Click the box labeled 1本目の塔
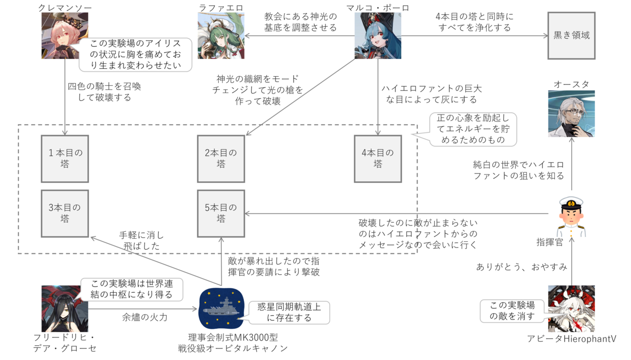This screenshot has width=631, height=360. pos(65,159)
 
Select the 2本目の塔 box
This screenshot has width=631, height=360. pos(221,159)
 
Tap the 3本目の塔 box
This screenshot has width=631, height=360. pos(65,213)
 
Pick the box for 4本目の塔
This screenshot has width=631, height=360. pos(378,159)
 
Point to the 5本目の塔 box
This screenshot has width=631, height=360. pos(221,213)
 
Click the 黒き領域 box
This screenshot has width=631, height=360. pos(572,35)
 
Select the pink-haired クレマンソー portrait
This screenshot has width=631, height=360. pos(65,35)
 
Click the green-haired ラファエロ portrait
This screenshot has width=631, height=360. pos(221,35)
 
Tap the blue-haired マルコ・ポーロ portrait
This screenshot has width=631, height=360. pos(378,35)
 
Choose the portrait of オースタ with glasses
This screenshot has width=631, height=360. pos(572,114)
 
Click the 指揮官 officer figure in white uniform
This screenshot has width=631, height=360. pos(571,217)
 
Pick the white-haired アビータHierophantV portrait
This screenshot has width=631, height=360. pos(572,309)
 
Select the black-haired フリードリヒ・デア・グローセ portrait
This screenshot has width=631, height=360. pos(65,309)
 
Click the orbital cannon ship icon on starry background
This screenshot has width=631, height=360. pos(221,308)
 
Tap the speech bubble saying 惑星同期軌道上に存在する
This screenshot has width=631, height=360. pos(289,312)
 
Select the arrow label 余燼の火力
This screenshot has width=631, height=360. pos(145,317)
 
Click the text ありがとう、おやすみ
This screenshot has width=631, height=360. pos(522,267)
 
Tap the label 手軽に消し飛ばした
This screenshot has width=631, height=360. pos(141,241)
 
